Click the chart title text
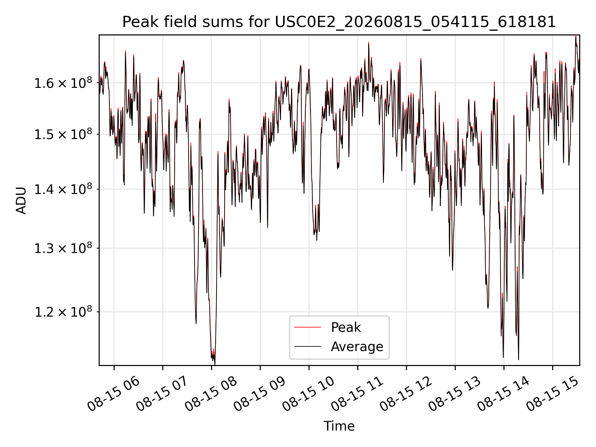(x=339, y=22)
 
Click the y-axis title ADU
(x=21, y=200)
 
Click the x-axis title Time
(x=339, y=426)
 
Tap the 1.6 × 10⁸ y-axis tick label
(x=63, y=83)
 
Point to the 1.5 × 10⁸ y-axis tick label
(x=63, y=134)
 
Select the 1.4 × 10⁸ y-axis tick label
(x=63, y=189)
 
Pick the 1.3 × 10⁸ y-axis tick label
(x=63, y=248)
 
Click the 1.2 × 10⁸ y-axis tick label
(x=63, y=312)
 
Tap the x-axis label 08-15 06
(x=114, y=394)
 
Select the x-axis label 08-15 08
(x=211, y=394)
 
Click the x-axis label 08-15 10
(x=309, y=394)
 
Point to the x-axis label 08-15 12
(x=406, y=394)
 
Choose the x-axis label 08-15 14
(x=503, y=394)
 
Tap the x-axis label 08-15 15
(x=552, y=394)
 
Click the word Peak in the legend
(x=346, y=327)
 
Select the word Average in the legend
(x=357, y=346)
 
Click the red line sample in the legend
(x=307, y=327)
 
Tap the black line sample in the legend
(x=307, y=346)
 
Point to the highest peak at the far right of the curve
(x=576, y=36)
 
